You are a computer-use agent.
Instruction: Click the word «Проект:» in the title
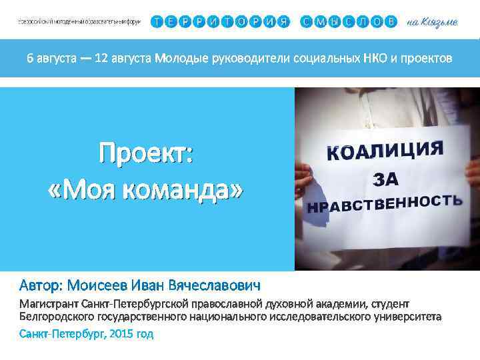tap(146, 155)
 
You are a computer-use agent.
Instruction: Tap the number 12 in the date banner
tap(101, 59)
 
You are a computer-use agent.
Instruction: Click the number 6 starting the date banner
tap(29, 59)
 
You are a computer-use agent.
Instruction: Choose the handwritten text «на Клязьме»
tap(431, 22)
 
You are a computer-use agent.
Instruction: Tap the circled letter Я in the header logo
tap(284, 21)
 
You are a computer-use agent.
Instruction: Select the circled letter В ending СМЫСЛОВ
tap(391, 21)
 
